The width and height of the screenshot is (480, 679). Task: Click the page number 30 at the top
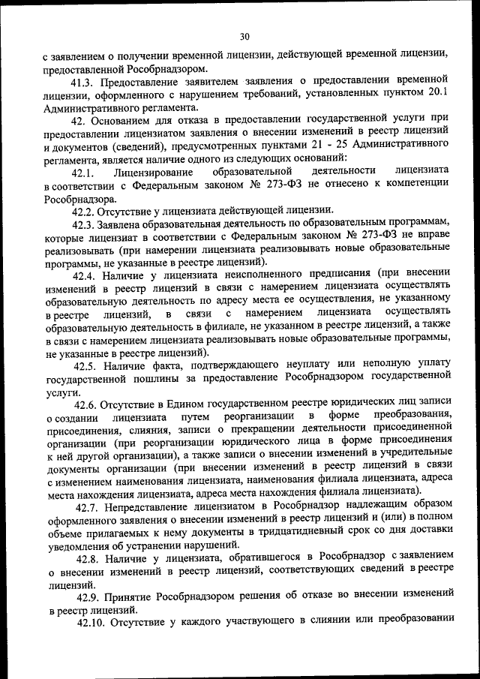(244, 36)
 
